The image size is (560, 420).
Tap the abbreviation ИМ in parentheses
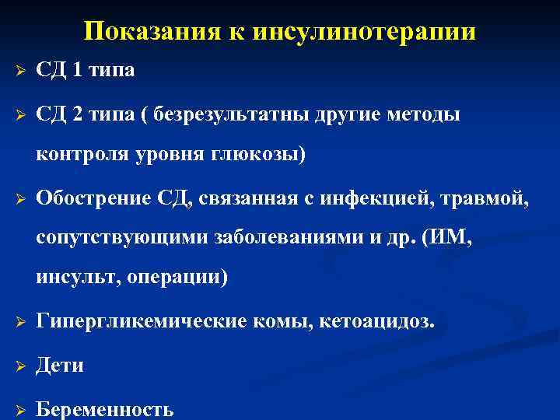pos(450,238)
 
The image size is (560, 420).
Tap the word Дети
pos(60,365)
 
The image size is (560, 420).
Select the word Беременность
pos(106,409)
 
